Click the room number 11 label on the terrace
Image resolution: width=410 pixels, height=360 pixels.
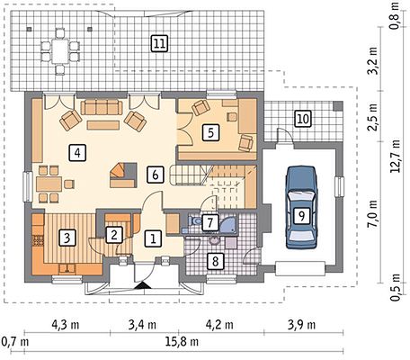[x=159, y=44]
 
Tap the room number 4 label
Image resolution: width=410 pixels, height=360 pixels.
[x=77, y=153]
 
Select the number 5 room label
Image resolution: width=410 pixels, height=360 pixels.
[x=210, y=132]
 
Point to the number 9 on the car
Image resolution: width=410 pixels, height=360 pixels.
[x=301, y=216]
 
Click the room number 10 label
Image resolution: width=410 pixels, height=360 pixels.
[x=303, y=119]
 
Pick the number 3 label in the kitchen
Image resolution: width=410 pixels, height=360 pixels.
[x=67, y=238]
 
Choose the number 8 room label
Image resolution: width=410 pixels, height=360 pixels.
[x=215, y=261]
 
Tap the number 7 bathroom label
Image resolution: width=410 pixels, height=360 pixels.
[x=210, y=222]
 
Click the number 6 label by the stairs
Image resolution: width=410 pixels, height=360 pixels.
[x=156, y=175]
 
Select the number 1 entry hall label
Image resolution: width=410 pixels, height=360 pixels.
[x=153, y=238]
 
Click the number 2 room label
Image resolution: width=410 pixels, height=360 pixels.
[x=114, y=235]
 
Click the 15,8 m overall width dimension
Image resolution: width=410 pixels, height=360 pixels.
[x=182, y=342]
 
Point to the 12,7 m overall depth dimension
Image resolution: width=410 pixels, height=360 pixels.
[x=396, y=156]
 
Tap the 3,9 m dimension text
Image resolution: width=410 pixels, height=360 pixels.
[x=301, y=325]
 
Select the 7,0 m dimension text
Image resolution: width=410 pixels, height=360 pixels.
[x=373, y=215]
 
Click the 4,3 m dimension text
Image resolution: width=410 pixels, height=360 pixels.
[x=66, y=325]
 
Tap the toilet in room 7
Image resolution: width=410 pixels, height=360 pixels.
[x=195, y=221]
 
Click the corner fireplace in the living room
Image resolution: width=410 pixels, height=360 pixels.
[x=123, y=175]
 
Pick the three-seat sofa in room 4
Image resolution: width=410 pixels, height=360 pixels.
[x=102, y=108]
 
